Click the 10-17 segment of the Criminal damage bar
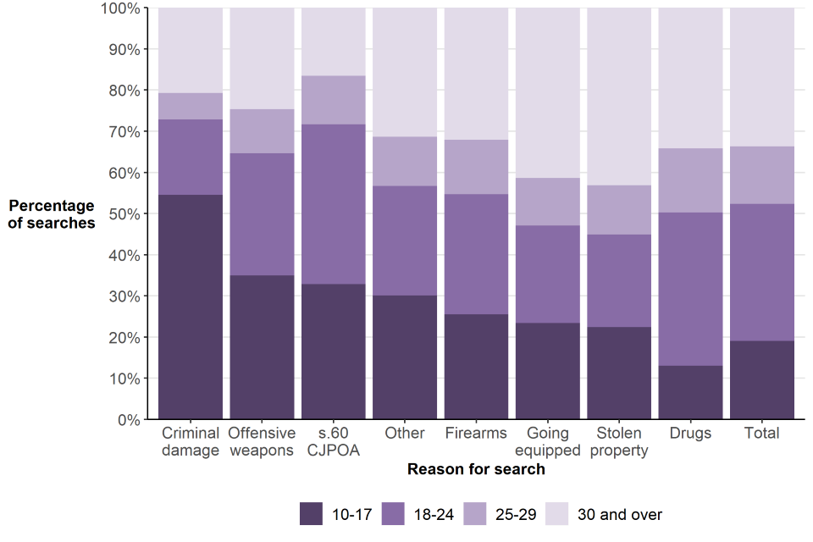coord(191,307)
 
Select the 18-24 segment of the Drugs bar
coord(690,289)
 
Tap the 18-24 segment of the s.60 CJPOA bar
coord(334,204)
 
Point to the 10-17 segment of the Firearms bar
coord(476,366)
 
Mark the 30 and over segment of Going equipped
coord(548,93)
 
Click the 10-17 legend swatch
coord(312,514)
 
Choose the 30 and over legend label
coord(619,514)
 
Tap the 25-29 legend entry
coord(508,514)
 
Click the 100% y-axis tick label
coord(119,8)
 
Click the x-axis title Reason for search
coord(476,469)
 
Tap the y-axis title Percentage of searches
coord(52,214)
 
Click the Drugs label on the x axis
coord(690,434)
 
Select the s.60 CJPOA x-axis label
coord(334,441)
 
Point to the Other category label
coord(405,434)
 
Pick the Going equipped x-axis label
coord(548,441)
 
